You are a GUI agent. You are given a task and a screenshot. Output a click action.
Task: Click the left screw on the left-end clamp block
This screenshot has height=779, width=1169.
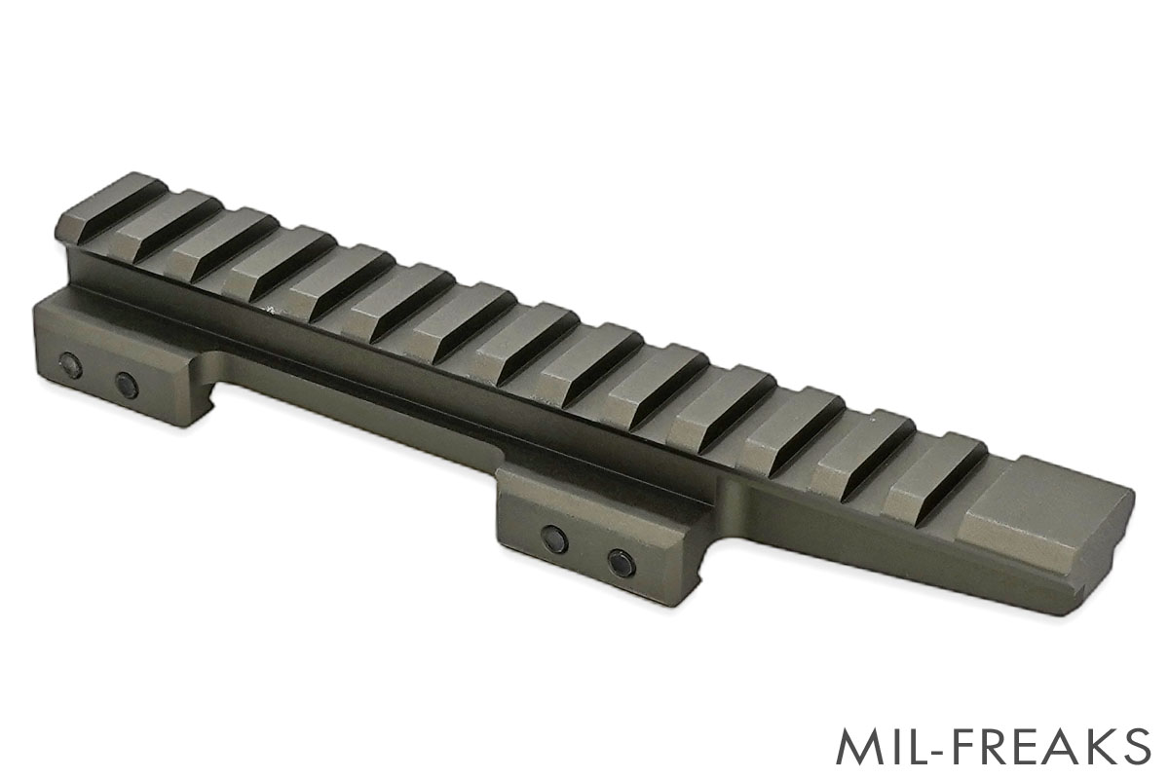[70, 365]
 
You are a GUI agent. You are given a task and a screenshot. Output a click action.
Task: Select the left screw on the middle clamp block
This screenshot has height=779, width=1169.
[554, 538]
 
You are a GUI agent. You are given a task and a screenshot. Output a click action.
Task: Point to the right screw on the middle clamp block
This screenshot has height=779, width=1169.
[622, 563]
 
